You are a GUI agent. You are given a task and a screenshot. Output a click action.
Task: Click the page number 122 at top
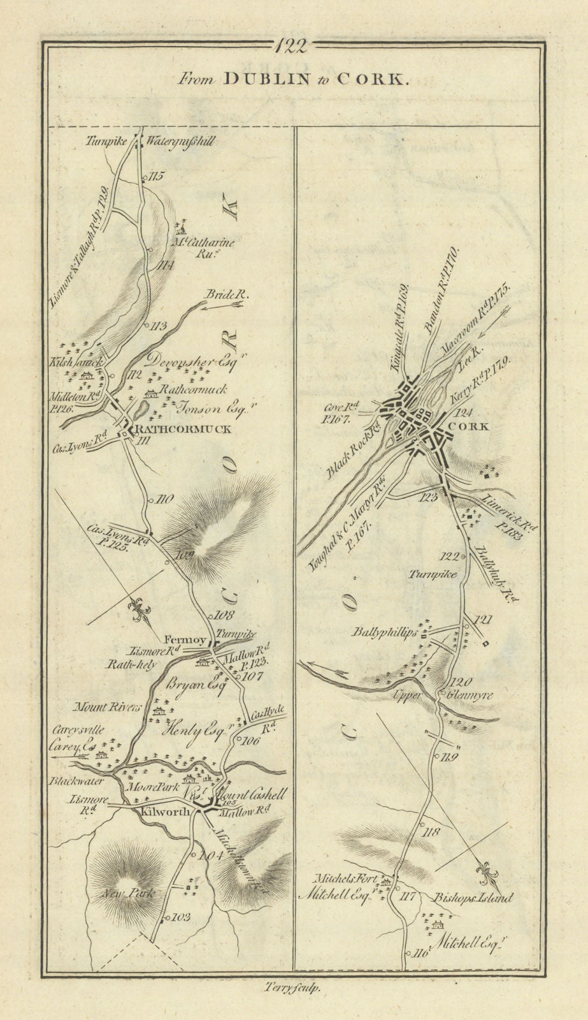[x=294, y=46]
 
